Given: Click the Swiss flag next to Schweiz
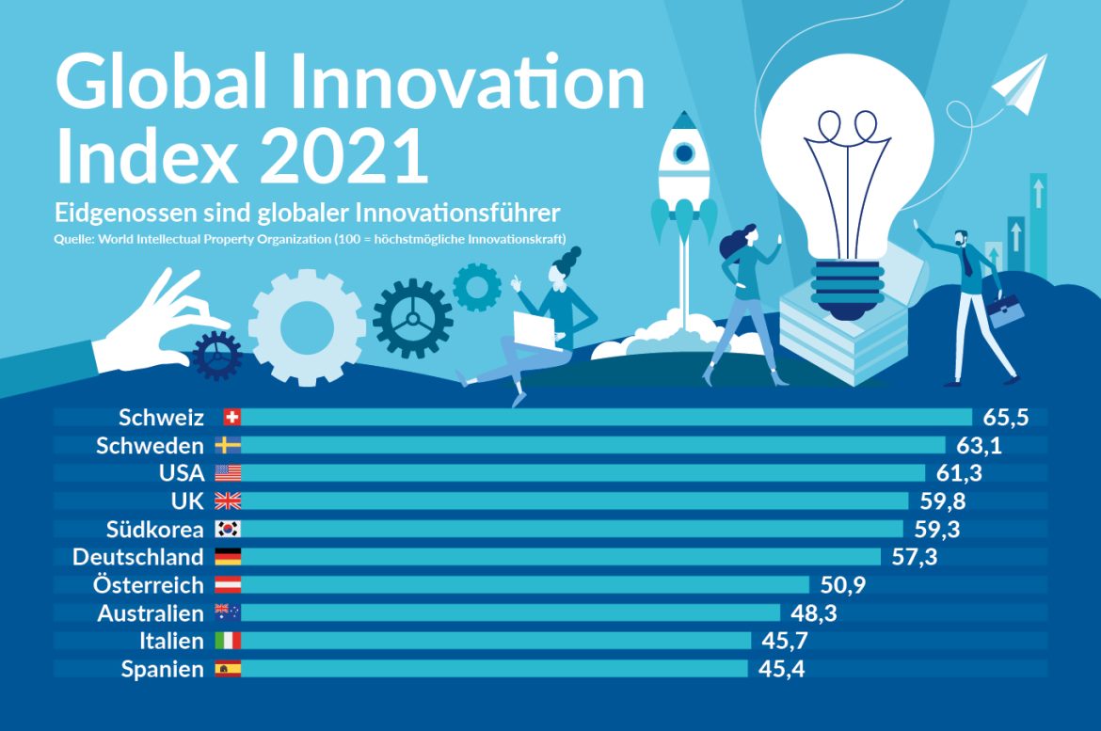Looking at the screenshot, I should coord(231,417).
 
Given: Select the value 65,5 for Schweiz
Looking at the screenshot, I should coord(1002,417).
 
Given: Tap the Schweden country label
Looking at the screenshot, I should coord(150,445).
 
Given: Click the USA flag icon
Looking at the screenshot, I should coord(228,472).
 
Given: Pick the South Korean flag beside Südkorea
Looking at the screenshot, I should coord(228,529).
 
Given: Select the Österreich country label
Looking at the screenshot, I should coord(148,584).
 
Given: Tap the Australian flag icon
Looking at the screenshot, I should coord(228,612).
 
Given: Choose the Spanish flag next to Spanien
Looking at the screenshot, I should coord(228,669).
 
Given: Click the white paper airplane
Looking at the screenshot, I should coord(1020,85).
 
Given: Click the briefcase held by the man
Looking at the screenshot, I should coord(1006,310).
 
